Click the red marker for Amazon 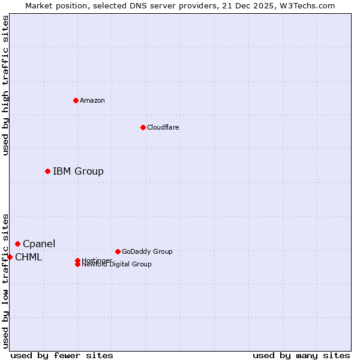coord(76,100)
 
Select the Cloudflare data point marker coord(143,127)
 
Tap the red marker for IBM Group coord(47,172)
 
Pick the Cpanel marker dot coord(17,244)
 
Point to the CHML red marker coord(10,257)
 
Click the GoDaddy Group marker coord(118,251)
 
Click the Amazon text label coord(92,100)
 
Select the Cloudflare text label coord(163,127)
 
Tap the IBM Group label coord(78,172)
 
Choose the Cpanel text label coord(39,244)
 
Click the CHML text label coord(28,257)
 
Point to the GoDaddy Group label coord(147,251)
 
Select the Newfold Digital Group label coord(117,265)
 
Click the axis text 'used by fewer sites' coord(62,355)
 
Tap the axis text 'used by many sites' coord(301,355)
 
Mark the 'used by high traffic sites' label coord(5,85)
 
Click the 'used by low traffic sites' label coord(5,281)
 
